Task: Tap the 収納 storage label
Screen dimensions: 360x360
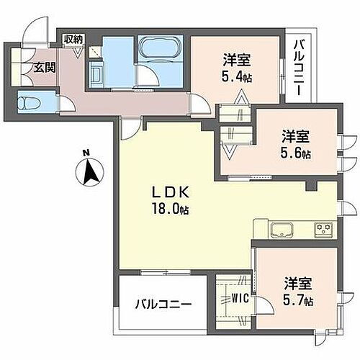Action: point(73,40)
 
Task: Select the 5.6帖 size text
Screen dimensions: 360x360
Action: point(297,153)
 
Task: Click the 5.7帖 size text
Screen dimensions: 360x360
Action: point(298,302)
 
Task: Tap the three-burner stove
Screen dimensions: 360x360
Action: point(323,230)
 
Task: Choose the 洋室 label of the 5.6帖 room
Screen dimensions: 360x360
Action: point(296,135)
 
